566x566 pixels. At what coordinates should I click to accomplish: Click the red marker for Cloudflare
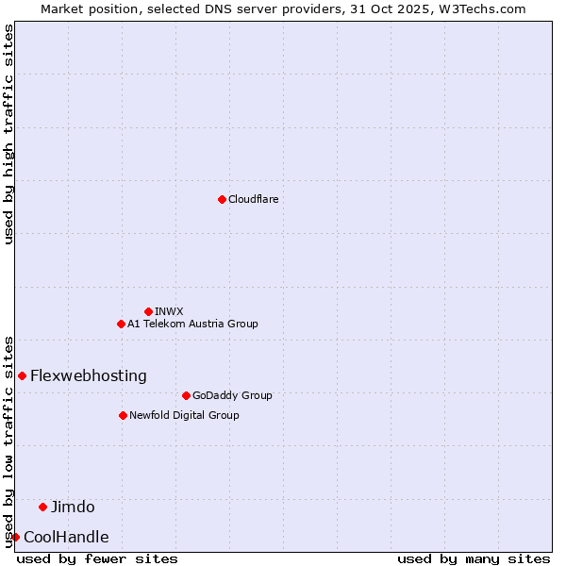[222, 199]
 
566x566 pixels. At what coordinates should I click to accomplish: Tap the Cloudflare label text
[253, 200]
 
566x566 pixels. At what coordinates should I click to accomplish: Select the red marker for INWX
[148, 311]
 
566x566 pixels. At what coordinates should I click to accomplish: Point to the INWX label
[169, 311]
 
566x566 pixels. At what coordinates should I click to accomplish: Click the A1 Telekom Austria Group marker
[121, 324]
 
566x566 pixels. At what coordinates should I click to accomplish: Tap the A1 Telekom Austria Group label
[192, 325]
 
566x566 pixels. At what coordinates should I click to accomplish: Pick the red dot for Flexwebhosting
[22, 375]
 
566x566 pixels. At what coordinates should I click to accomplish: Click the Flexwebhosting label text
[89, 376]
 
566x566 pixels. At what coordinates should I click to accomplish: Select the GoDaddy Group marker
[186, 395]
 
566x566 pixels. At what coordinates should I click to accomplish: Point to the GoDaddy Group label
[232, 396]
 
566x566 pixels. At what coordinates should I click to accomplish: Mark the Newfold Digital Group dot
[123, 415]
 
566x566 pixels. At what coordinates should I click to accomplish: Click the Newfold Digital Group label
[184, 416]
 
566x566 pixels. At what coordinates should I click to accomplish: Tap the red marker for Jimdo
[42, 507]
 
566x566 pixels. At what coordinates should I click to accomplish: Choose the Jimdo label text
[73, 508]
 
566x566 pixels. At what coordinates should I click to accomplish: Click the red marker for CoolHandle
[15, 537]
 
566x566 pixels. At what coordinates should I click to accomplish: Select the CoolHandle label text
[66, 538]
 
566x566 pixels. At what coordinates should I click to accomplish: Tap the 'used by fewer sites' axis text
[97, 558]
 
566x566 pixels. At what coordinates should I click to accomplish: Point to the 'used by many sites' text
[473, 558]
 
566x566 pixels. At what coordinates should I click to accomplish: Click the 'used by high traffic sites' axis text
[8, 134]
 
